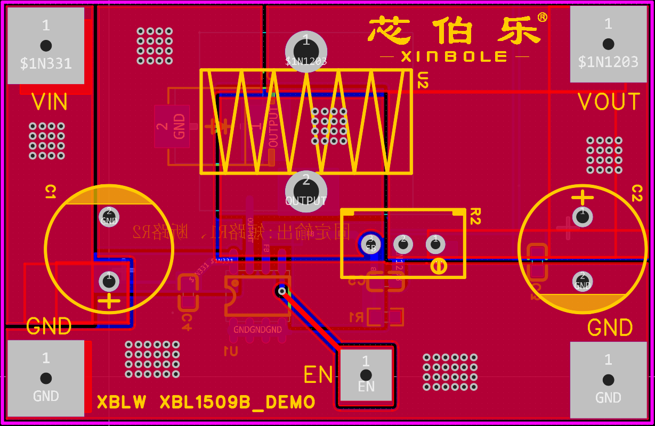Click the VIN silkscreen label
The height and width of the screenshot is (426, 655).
(x=50, y=102)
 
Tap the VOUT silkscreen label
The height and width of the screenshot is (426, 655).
(x=609, y=102)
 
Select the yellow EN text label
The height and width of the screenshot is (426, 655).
(x=318, y=375)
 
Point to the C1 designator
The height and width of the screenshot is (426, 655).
(x=51, y=192)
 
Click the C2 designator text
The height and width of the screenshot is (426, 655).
(x=636, y=193)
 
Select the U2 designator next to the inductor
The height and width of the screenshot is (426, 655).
(x=422, y=81)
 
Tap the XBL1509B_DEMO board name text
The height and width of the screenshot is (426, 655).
(x=238, y=402)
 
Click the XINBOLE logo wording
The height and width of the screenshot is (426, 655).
(x=454, y=56)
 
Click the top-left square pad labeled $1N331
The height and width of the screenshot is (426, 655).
(x=46, y=45)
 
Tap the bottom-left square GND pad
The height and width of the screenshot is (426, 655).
(x=46, y=378)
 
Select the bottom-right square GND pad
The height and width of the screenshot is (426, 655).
(x=608, y=380)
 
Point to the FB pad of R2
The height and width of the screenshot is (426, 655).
(x=370, y=244)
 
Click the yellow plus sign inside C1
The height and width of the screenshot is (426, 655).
(x=109, y=301)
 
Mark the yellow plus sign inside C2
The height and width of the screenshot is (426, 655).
(x=583, y=198)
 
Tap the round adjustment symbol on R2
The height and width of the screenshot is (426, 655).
(x=439, y=266)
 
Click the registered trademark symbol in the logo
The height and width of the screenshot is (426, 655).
(x=542, y=18)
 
